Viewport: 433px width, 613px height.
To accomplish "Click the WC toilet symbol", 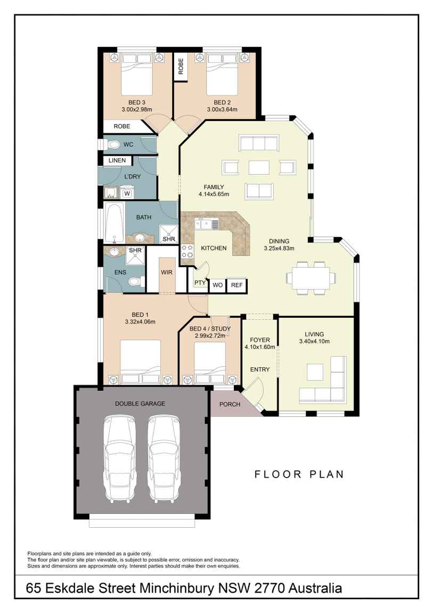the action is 113,144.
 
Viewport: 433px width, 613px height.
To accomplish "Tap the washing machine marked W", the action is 127,193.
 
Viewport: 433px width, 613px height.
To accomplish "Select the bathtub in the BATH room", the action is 115,223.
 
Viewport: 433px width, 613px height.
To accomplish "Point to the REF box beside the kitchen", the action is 236,285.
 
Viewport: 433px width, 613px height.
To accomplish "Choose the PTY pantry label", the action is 200,283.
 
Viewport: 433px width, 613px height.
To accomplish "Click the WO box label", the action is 217,285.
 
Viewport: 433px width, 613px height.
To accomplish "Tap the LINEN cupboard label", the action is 117,160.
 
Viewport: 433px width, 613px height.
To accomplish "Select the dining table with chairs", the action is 311,278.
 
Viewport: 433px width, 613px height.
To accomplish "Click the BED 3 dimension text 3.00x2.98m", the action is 137,110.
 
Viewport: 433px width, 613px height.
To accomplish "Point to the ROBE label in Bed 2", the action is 181,67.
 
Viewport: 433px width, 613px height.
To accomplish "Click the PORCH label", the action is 230,404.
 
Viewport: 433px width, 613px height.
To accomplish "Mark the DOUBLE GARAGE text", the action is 140,404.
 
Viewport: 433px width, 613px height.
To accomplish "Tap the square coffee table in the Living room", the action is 315,372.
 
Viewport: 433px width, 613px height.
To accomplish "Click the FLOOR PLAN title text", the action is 299,474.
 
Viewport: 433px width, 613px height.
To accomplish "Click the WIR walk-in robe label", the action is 167,272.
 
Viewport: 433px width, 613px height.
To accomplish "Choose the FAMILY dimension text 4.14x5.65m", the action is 214,194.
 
